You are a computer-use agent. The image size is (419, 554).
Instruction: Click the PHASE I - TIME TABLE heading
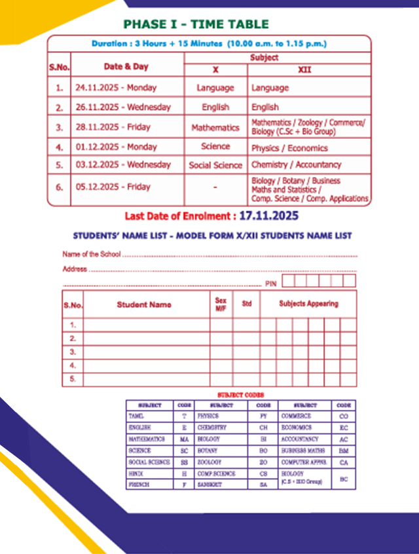[196, 24]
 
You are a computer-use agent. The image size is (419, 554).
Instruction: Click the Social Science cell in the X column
[215, 166]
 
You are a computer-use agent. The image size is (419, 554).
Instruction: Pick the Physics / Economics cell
[280, 148]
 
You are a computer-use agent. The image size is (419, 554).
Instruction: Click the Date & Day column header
[126, 67]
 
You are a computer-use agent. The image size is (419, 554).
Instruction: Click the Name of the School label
[92, 254]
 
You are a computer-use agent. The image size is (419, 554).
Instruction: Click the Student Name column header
[144, 305]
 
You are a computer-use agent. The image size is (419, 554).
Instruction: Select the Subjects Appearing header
[308, 304]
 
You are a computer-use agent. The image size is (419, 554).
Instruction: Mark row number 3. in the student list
[73, 352]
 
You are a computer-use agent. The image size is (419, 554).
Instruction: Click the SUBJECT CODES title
[240, 396]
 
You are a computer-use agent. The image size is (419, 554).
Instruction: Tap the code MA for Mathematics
[184, 439]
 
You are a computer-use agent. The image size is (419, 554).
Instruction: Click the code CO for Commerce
[344, 416]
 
